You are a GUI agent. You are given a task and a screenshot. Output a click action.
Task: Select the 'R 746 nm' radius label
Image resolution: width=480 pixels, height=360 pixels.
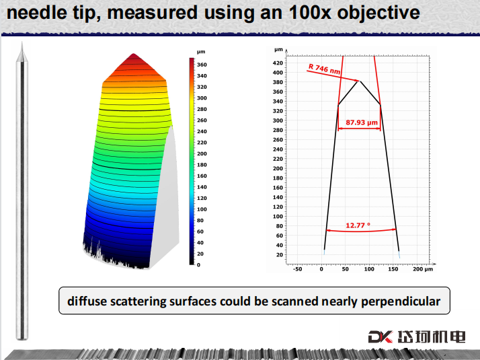pos(324,69)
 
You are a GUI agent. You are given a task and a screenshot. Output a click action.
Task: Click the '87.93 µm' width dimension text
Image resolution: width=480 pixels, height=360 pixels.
pos(362,122)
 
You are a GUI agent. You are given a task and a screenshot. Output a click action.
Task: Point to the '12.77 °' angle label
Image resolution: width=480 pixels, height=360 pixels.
pos(358,225)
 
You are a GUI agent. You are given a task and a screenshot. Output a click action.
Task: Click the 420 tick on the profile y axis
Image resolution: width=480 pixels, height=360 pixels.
pos(278,63)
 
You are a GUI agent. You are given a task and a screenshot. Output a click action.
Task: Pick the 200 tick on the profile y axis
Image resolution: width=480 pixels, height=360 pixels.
pos(278,168)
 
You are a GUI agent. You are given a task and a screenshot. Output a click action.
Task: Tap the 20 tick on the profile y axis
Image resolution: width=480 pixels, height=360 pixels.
pos(279,255)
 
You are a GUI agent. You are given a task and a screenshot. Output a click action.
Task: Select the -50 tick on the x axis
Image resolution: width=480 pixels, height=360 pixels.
pos(297,269)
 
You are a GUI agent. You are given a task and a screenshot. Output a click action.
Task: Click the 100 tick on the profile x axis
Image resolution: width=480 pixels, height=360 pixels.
pos(369,269)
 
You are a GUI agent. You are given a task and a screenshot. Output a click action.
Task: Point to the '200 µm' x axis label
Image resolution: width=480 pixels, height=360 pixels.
pos(423,269)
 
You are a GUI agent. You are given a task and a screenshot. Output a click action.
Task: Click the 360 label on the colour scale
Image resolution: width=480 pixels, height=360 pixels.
pos(202,65)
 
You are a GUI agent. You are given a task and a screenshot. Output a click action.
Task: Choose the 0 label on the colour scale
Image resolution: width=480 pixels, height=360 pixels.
pos(199,265)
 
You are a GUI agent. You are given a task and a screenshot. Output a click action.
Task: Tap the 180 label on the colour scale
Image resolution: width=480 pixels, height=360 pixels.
pos(202,165)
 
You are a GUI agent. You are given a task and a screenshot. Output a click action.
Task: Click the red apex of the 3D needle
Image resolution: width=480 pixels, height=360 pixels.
pos(134,54)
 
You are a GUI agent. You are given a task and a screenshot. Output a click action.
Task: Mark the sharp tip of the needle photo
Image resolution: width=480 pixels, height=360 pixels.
pos(22,42)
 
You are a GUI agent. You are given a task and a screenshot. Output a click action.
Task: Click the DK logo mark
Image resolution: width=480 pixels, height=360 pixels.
pos(381,336)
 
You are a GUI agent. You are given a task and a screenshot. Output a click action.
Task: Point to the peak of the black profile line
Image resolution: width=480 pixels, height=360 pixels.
pos(360,81)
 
